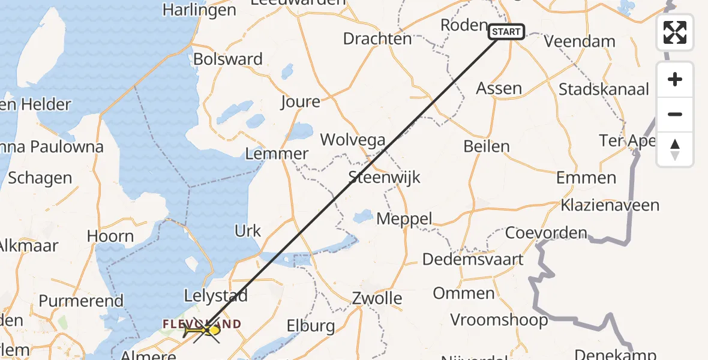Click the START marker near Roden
click(506, 32)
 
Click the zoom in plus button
click(675, 79)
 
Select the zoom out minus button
click(675, 114)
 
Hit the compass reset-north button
click(675, 149)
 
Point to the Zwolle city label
click(377, 298)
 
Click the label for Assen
click(499, 88)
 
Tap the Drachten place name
click(377, 39)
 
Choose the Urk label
click(248, 231)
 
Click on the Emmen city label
click(586, 178)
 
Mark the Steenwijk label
click(385, 178)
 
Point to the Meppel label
click(404, 219)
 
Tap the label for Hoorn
click(110, 236)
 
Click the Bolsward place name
click(228, 59)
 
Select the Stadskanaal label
click(604, 90)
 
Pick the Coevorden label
click(546, 233)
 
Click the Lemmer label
click(277, 154)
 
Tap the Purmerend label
click(81, 301)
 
